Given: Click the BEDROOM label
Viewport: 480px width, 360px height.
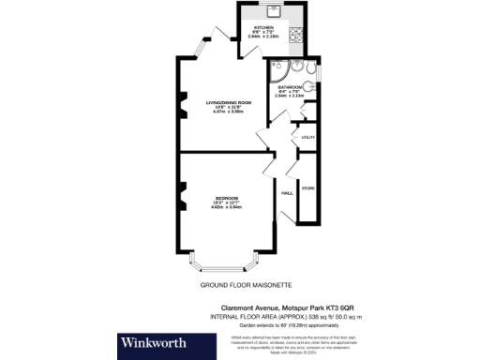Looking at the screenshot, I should [x=226, y=198].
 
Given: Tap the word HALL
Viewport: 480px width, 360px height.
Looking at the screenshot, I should [x=288, y=193].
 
